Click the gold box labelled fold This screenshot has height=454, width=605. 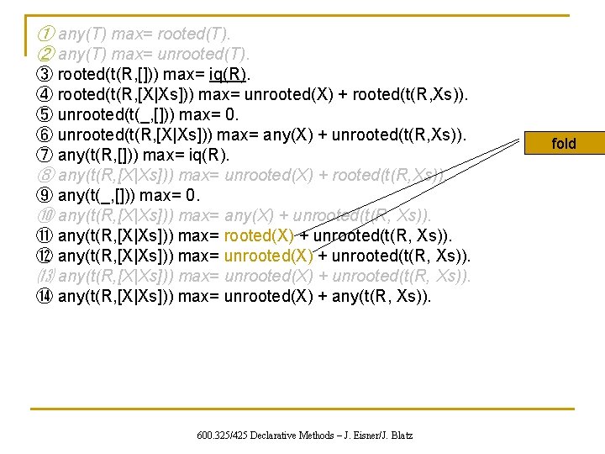(563, 144)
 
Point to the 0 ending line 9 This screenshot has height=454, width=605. (196, 195)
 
